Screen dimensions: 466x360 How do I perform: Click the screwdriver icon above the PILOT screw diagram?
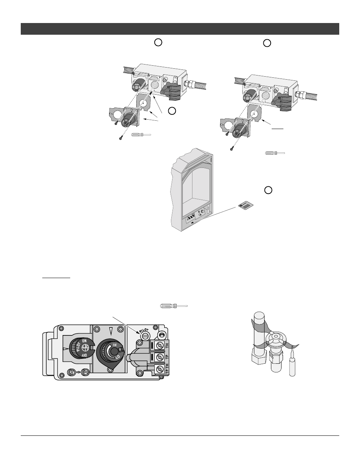(x=174, y=305)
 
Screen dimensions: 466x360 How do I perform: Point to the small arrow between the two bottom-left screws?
(x=78, y=372)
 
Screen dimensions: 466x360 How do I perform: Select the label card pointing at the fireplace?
(x=246, y=206)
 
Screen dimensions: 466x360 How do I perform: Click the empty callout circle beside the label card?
(x=268, y=190)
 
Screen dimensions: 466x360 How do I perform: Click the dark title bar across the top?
(x=180, y=29)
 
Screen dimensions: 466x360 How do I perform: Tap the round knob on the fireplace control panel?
(x=203, y=212)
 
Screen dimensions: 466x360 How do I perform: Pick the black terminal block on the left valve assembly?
(x=170, y=91)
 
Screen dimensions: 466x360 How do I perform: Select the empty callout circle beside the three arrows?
(x=172, y=111)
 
